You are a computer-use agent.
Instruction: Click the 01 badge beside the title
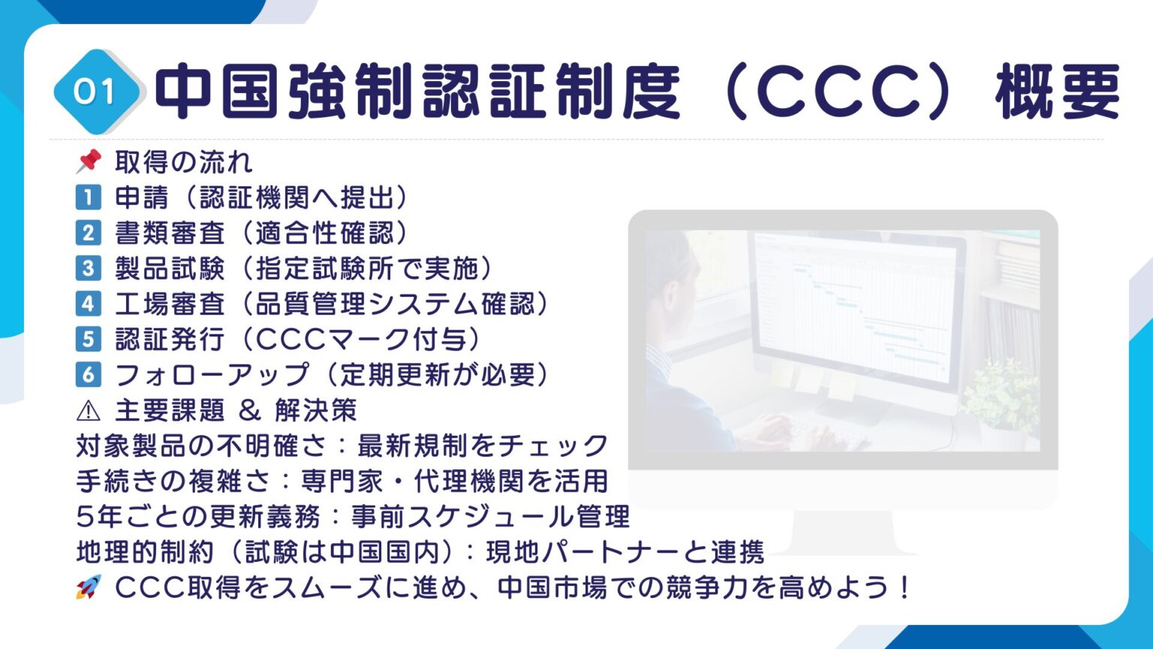click(95, 92)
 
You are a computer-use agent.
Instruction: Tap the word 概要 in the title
click(1057, 92)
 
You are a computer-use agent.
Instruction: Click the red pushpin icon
click(89, 161)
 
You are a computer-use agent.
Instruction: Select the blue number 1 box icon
click(88, 198)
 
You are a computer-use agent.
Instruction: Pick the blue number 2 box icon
click(88, 233)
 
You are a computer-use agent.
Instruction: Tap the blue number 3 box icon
click(88, 268)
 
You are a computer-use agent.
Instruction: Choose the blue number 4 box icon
click(88, 303)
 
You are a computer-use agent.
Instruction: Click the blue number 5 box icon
click(88, 339)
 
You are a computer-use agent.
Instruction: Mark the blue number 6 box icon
click(88, 374)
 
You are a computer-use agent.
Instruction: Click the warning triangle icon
click(88, 410)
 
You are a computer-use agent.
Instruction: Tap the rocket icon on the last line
click(88, 587)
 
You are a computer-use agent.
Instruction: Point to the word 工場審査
click(170, 303)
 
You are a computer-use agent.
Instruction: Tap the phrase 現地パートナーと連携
click(625, 552)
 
